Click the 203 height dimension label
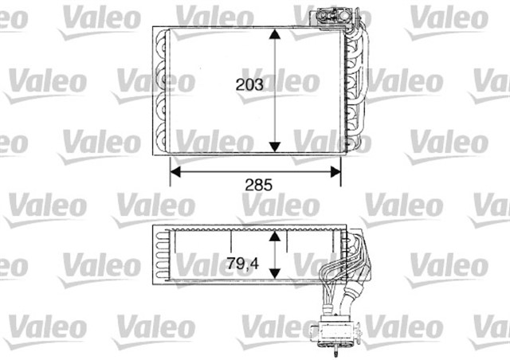250,84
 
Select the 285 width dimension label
258,185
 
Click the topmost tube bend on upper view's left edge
163,41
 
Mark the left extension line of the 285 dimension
171,169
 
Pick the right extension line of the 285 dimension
341,169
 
